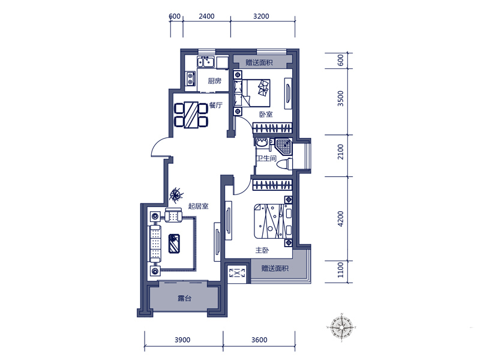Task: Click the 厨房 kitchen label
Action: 214,81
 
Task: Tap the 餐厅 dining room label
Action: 216,106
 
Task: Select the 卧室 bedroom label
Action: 266,114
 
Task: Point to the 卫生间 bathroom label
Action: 266,158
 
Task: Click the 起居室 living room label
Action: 198,206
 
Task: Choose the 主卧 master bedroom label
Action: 262,250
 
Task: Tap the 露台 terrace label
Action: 185,298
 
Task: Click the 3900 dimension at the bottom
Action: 182,340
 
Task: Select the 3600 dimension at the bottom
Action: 259,340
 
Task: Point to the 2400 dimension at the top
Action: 206,16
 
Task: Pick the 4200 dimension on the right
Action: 341,218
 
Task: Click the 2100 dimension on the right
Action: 341,152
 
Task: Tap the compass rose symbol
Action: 341,327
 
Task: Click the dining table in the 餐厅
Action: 191,115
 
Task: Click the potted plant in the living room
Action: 176,194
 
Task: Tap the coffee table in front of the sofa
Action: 174,244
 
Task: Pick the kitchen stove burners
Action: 191,78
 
